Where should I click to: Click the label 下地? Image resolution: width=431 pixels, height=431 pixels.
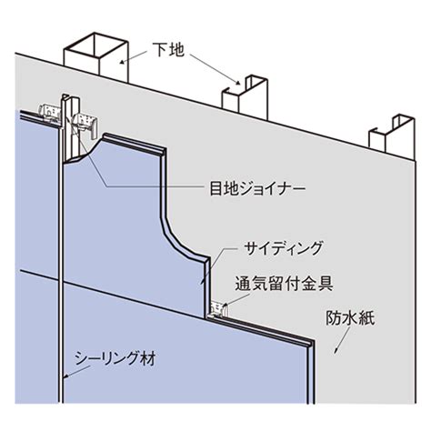pyautogui.click(x=168, y=50)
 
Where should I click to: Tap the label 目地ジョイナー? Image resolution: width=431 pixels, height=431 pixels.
pyautogui.click(x=257, y=188)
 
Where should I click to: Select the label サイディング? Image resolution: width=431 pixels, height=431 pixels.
pyautogui.click(x=284, y=248)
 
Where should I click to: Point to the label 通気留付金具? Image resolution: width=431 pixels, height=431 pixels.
pyautogui.click(x=285, y=284)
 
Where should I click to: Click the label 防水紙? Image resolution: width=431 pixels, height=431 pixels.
pyautogui.click(x=350, y=318)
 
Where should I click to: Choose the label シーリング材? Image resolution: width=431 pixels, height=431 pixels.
pyautogui.click(x=115, y=358)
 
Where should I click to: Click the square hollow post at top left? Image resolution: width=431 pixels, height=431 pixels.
pyautogui.click(x=96, y=56)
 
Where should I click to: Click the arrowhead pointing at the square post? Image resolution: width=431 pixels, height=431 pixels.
pyautogui.click(x=122, y=63)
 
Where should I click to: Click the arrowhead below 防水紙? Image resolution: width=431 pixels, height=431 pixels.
pyautogui.click(x=336, y=351)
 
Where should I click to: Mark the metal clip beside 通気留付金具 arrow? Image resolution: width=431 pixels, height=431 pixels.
pyautogui.click(x=220, y=309)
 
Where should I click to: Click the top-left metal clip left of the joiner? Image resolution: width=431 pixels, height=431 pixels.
pyautogui.click(x=49, y=115)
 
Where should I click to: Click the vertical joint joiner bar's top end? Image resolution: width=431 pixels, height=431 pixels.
pyautogui.click(x=65, y=95)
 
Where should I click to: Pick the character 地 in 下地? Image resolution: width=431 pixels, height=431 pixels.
pyautogui.click(x=176, y=50)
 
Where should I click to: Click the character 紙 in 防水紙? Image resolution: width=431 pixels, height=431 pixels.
pyautogui.click(x=367, y=318)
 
